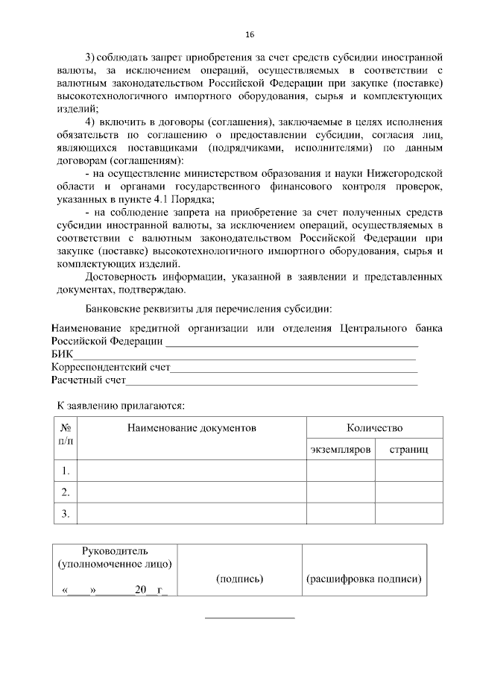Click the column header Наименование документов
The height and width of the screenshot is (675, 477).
click(192, 428)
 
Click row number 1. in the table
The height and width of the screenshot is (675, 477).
click(66, 471)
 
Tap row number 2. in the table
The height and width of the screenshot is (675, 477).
click(66, 492)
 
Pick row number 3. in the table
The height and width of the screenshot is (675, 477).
click(66, 513)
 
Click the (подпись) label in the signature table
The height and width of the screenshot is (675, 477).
click(239, 579)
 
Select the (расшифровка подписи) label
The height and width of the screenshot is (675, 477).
click(364, 579)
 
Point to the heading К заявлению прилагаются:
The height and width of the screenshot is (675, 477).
click(121, 406)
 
